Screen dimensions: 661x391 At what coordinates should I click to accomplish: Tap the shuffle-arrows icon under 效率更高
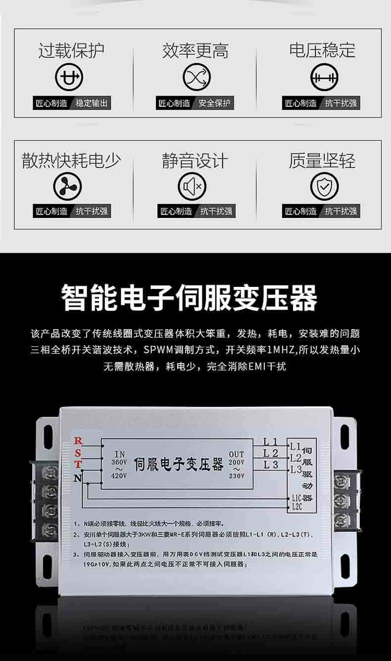click(196, 77)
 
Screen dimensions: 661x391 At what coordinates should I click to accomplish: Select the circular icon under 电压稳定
click(324, 77)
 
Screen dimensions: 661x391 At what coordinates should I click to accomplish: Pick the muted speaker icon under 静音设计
click(192, 186)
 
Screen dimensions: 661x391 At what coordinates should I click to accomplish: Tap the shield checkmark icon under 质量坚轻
click(324, 186)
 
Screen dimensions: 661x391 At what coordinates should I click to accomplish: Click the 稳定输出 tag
click(92, 103)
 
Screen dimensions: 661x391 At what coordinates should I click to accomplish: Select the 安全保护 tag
click(214, 103)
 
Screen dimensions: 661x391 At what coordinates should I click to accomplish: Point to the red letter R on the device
click(78, 441)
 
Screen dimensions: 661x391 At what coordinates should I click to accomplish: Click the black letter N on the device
click(78, 478)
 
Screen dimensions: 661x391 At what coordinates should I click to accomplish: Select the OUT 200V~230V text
click(237, 465)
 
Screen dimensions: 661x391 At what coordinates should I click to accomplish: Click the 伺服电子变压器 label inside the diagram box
click(179, 464)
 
